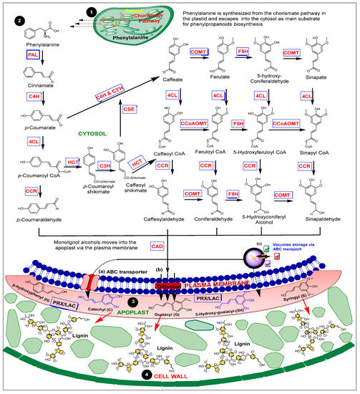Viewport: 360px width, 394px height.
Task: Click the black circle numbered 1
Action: tap(91, 12)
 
